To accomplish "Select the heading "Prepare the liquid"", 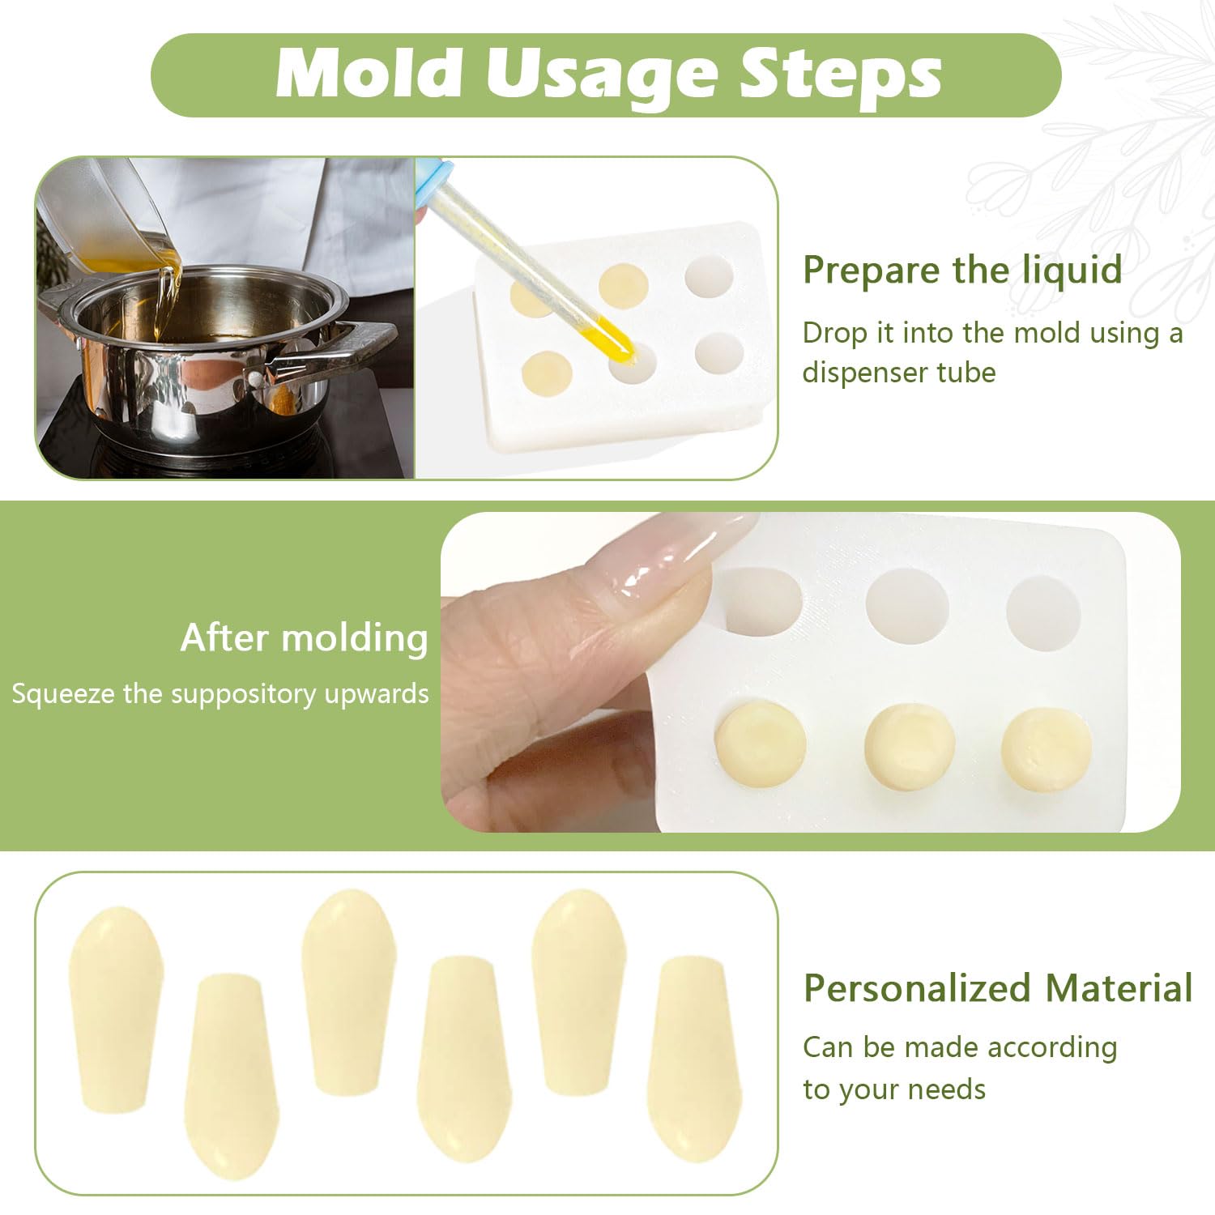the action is click(x=962, y=270).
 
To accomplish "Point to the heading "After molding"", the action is click(x=305, y=638).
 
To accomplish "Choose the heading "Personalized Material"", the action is click(x=998, y=988).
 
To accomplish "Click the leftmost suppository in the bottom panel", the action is click(x=116, y=1009).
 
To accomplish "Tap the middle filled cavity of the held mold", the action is click(x=909, y=747).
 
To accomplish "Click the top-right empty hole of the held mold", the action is click(x=1043, y=613).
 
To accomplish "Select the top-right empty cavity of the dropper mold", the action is click(x=710, y=277).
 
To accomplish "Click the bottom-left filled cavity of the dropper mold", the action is click(x=548, y=373).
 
